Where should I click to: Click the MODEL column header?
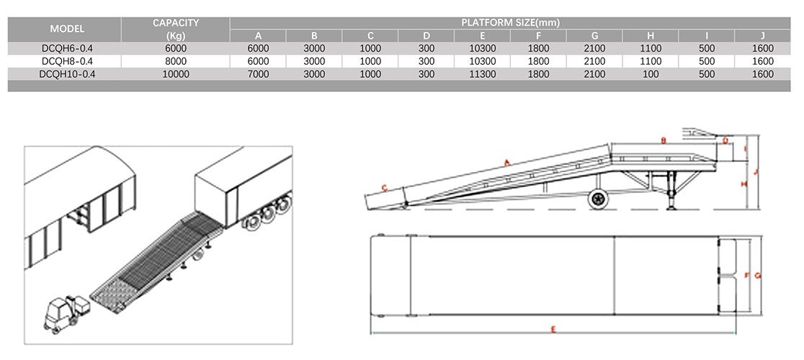click(x=67, y=30)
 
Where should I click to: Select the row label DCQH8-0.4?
click(x=67, y=61)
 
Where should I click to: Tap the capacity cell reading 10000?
click(x=176, y=74)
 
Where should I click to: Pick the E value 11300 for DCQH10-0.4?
click(x=483, y=74)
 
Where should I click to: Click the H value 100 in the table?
click(x=651, y=74)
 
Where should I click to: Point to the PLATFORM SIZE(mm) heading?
click(x=511, y=22)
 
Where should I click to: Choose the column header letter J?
click(x=762, y=36)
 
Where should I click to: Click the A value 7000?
click(x=259, y=74)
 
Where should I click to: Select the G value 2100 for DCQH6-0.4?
click(x=595, y=49)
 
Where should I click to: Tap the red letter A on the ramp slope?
click(x=506, y=163)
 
